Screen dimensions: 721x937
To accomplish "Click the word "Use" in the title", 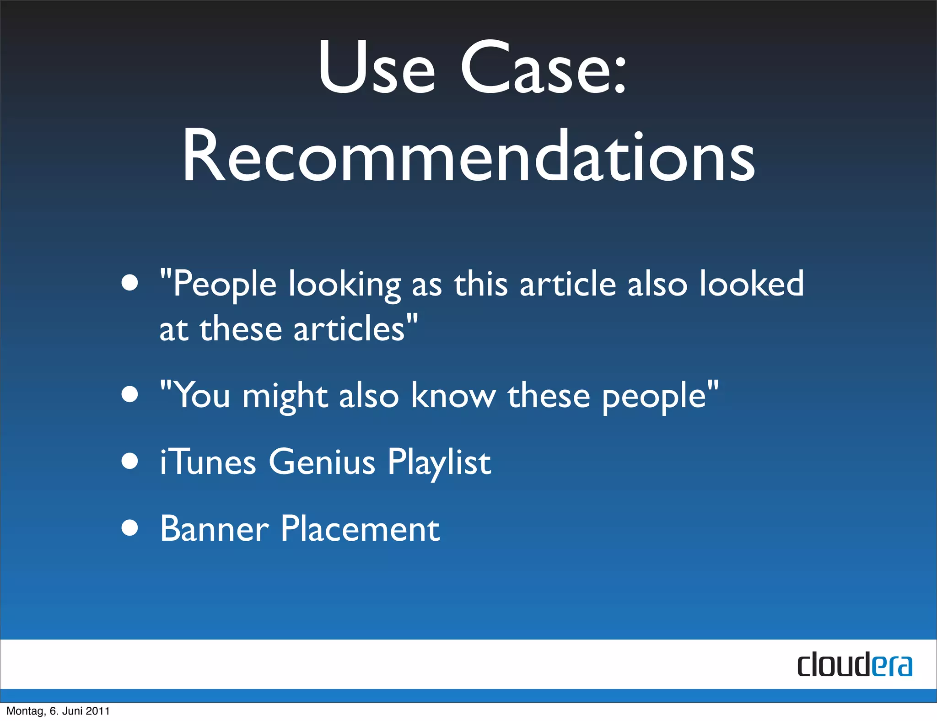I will coord(376,68).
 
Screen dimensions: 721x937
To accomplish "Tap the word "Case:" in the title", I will coord(543,68).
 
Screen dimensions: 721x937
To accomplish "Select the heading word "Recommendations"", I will coord(468,156).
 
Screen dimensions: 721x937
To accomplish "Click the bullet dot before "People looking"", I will coord(130,282).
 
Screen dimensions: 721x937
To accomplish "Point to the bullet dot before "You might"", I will coord(130,394).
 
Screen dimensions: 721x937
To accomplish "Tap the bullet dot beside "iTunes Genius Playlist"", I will coord(130,461).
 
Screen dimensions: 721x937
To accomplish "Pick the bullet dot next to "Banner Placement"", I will coord(130,528).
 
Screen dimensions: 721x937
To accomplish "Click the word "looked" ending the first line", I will coord(751,284).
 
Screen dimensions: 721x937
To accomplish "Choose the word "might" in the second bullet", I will coord(285,396).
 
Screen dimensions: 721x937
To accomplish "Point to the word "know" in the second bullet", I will coord(453,395).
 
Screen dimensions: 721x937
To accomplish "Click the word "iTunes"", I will coord(208,462).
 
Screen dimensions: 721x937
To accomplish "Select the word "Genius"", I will coord(322,462).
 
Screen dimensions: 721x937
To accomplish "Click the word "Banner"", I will coord(214,529).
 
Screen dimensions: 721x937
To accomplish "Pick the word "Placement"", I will coord(360,529).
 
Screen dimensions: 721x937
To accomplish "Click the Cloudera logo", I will coord(854,665).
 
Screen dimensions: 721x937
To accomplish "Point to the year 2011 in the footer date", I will coord(98,711).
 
